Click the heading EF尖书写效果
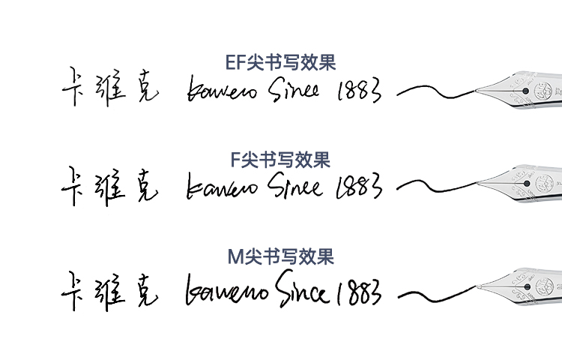point(281,61)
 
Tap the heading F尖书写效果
point(281,160)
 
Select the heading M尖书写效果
point(281,257)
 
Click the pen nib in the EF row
point(525,90)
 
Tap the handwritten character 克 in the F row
point(144,187)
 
